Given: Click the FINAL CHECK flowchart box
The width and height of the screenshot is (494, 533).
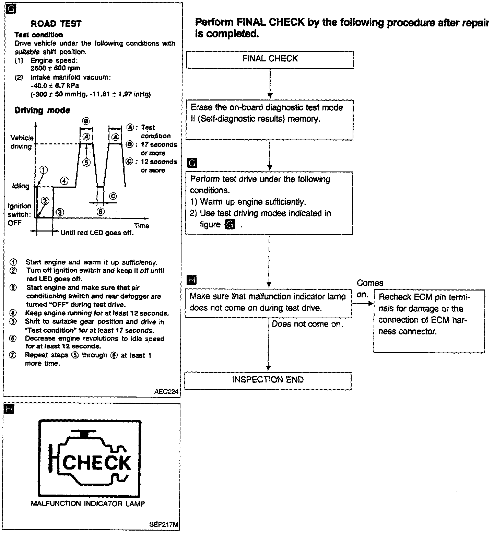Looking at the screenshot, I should (270, 59).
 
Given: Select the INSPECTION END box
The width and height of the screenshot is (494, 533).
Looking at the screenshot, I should (268, 380).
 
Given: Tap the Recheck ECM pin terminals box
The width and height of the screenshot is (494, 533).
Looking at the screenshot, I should (429, 321).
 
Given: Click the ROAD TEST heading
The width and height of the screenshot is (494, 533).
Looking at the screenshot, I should (56, 24).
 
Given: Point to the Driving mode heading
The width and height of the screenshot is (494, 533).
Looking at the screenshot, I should (42, 110).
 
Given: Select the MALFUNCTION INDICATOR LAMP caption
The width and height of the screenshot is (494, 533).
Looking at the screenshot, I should (88, 504).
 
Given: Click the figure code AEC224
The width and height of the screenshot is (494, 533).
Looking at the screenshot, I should (167, 392).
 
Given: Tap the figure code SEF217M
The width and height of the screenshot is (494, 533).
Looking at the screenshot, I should (164, 525).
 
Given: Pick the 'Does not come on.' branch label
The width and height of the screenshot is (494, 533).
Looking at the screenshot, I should (307, 324).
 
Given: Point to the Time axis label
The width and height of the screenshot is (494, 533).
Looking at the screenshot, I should (142, 226).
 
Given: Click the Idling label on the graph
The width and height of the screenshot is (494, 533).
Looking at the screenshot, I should (21, 186).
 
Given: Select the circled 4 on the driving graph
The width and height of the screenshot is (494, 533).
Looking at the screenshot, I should (64, 180).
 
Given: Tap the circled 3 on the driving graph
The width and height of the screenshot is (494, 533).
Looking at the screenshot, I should (60, 212).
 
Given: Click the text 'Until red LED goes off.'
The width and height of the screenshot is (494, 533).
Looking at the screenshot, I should (97, 233).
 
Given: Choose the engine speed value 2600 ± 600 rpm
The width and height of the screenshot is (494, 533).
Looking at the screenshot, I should (55, 68).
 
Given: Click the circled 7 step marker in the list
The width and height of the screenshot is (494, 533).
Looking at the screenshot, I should (13, 355).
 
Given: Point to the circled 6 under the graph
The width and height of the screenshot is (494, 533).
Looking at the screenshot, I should (100, 212).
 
